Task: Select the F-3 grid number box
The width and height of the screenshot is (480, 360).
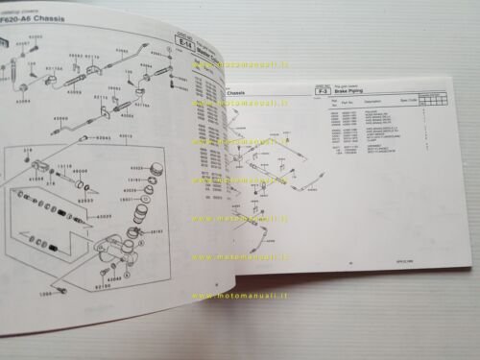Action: (310, 86)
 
